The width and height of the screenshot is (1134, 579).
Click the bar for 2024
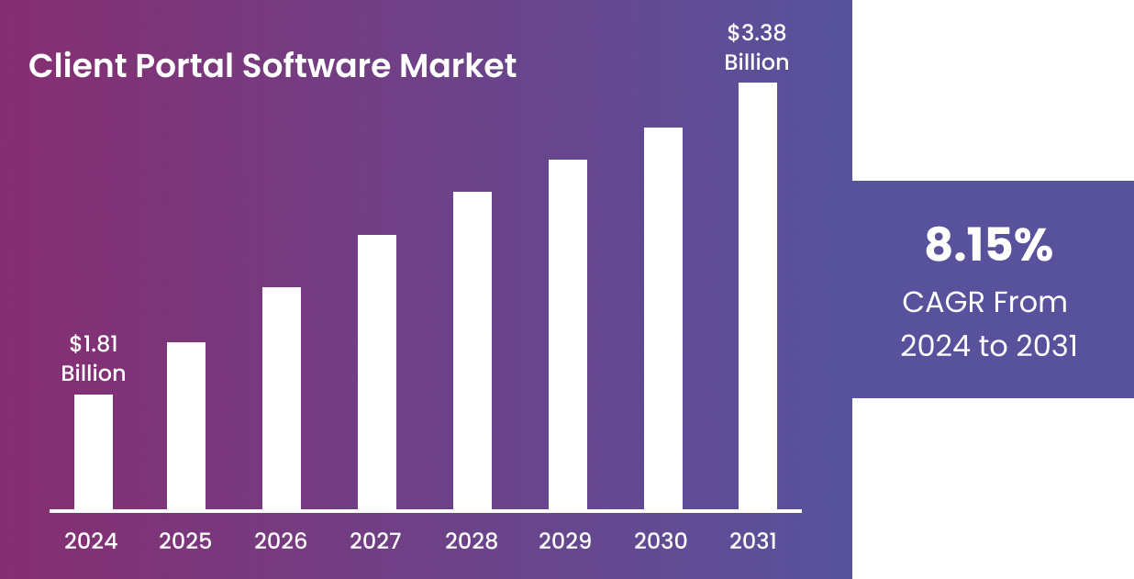pyautogui.click(x=94, y=451)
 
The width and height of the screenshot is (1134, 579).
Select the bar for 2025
pyautogui.click(x=186, y=426)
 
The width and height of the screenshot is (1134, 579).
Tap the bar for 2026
pyautogui.click(x=282, y=398)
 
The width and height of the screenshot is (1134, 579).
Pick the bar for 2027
pyautogui.click(x=377, y=372)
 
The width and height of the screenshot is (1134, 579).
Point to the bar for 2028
pyautogui.click(x=472, y=351)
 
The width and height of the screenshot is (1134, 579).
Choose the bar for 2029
pyautogui.click(x=568, y=334)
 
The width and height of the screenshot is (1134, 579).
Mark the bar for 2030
pyautogui.click(x=663, y=318)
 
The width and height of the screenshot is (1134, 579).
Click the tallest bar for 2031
pyautogui.click(x=758, y=295)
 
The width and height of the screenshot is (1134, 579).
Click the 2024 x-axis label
pyautogui.click(x=91, y=541)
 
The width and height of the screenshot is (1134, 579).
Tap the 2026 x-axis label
pyautogui.click(x=281, y=541)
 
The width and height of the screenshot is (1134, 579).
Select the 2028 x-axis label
pyautogui.click(x=472, y=541)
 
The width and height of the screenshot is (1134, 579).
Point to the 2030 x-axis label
pyautogui.click(x=661, y=541)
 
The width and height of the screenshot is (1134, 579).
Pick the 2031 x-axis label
pyautogui.click(x=753, y=541)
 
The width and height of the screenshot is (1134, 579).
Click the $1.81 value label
pyautogui.click(x=94, y=344)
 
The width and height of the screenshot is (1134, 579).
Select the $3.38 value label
pyautogui.click(x=757, y=34)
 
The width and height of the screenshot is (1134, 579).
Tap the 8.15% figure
pyautogui.click(x=988, y=246)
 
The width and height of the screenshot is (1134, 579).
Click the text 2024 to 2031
pyautogui.click(x=988, y=347)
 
